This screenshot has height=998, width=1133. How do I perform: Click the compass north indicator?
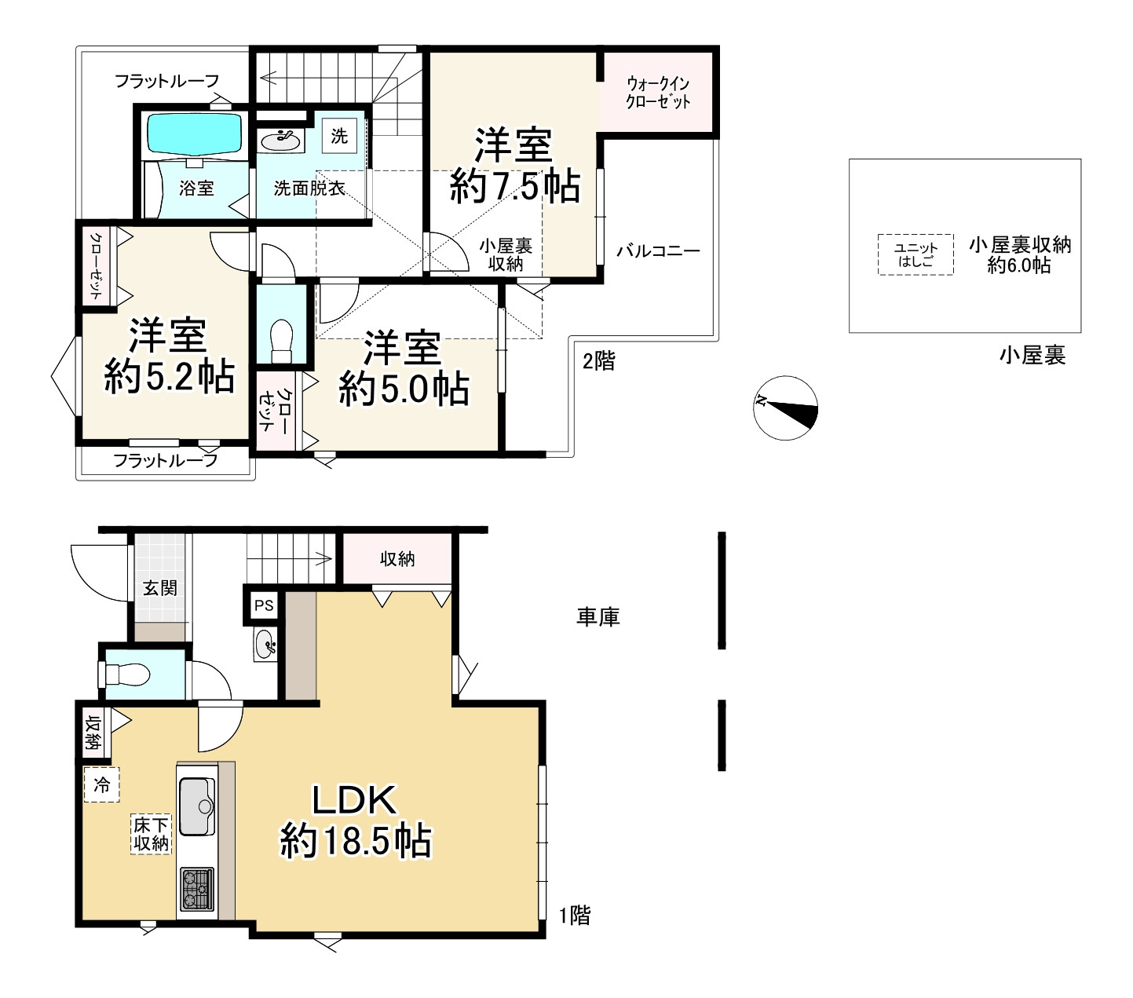pos(785,408)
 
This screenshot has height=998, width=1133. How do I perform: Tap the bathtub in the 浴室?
pos(194,135)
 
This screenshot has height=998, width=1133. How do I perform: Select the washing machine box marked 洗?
pos(339,136)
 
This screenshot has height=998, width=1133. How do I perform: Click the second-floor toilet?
pos(281,342)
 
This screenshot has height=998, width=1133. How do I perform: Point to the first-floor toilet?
pos(127,674)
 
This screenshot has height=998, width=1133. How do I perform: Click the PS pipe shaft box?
pos(264,605)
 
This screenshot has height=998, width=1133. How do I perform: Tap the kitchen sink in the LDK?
pos(196,807)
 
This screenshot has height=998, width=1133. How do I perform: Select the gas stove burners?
pos(196,888)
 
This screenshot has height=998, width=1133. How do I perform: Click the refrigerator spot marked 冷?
pos(101,784)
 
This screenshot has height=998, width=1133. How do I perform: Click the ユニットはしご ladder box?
pos(915,254)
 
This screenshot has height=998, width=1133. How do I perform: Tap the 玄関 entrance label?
pos(160,588)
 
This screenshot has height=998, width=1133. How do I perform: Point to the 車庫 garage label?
pos(598,616)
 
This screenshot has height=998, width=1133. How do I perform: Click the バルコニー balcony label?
pos(658,250)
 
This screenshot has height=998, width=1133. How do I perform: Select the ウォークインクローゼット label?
pos(658,93)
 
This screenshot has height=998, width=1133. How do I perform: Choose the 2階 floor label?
pos(599,361)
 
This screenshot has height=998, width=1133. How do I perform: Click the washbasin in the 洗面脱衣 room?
pos(280,141)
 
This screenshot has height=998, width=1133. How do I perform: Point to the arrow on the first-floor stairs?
pos(291,557)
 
